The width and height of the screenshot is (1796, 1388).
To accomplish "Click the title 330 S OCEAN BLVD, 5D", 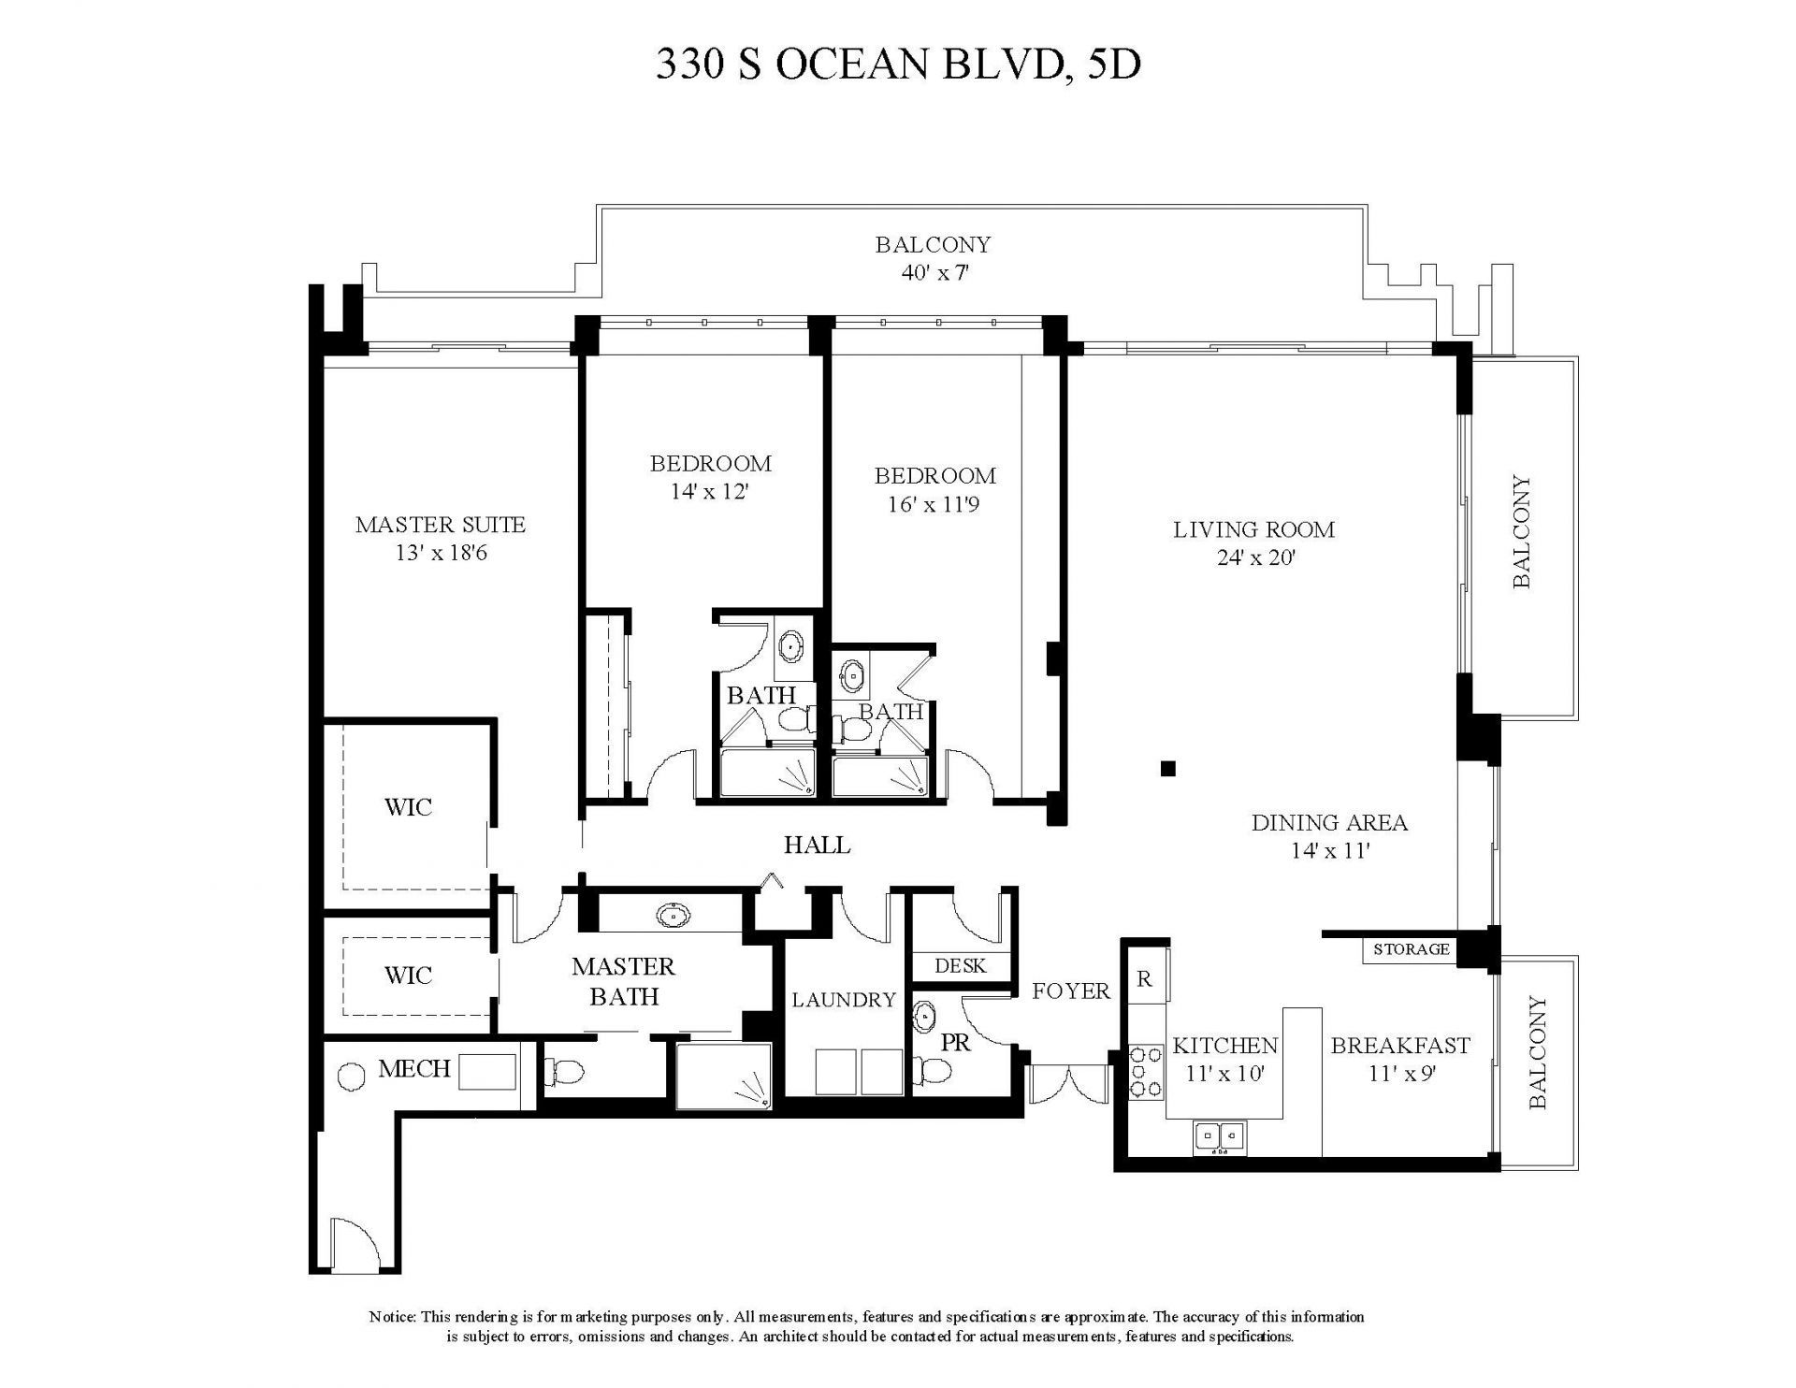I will coord(898,65).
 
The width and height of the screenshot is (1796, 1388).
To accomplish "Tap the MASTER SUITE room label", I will coord(440,525).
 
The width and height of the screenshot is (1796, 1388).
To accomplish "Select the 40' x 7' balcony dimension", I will coord(933,274).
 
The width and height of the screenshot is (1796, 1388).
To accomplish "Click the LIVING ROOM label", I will coord(1253,530).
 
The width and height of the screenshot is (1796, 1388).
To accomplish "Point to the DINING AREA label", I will coord(1328,823).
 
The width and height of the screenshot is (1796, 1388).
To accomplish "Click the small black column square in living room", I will coord(1167,769).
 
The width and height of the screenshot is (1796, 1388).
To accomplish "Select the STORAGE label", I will coord(1411,949).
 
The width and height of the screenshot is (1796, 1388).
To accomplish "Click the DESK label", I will coord(961,965).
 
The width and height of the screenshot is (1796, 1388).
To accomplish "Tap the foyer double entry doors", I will coord(1067,1085).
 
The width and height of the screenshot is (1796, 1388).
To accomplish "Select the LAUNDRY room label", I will coord(844,1000).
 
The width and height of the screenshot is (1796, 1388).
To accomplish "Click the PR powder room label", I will coord(955,1042).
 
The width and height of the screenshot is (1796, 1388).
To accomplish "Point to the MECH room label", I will coord(414,1068).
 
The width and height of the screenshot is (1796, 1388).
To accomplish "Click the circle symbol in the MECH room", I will coord(351,1077).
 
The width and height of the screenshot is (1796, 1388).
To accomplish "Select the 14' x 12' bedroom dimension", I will coord(710,492).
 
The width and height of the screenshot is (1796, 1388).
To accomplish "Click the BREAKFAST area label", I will coord(1400,1045).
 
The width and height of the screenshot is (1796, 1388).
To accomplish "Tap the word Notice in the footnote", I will coord(392,1317).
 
